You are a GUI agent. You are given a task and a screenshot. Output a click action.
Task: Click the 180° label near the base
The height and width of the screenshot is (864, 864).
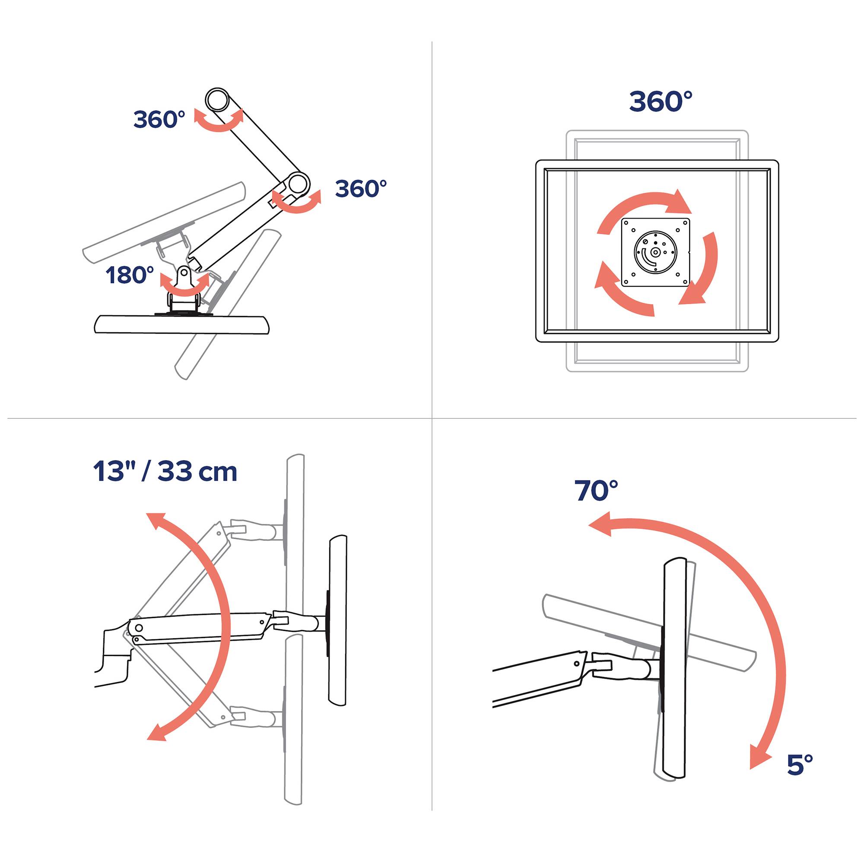pyautogui.click(x=130, y=275)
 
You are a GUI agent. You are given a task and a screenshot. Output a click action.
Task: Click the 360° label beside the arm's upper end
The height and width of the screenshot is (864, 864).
pyautogui.click(x=159, y=119)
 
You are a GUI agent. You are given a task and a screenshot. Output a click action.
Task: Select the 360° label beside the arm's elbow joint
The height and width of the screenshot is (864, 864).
pyautogui.click(x=360, y=189)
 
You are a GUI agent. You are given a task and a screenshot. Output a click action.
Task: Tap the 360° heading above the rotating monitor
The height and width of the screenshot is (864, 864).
pyautogui.click(x=661, y=102)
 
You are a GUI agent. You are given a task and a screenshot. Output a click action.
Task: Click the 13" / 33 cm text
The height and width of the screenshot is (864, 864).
pyautogui.click(x=165, y=471)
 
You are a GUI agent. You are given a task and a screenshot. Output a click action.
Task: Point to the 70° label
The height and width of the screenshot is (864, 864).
pyautogui.click(x=596, y=491)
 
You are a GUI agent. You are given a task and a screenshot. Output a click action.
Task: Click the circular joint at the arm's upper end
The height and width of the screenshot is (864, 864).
pyautogui.click(x=217, y=99)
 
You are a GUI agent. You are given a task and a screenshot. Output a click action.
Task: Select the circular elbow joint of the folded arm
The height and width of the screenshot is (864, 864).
pyautogui.click(x=298, y=183)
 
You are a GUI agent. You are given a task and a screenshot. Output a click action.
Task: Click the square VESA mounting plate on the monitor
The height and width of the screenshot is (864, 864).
pyautogui.click(x=656, y=252)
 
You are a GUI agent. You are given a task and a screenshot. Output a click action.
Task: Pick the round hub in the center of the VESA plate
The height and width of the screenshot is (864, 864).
pyautogui.click(x=656, y=252)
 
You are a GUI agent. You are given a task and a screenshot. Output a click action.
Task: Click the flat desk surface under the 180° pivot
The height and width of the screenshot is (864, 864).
pyautogui.click(x=181, y=325)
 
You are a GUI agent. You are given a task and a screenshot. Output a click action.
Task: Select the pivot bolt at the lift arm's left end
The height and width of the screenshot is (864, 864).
pyautogui.click(x=139, y=628)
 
